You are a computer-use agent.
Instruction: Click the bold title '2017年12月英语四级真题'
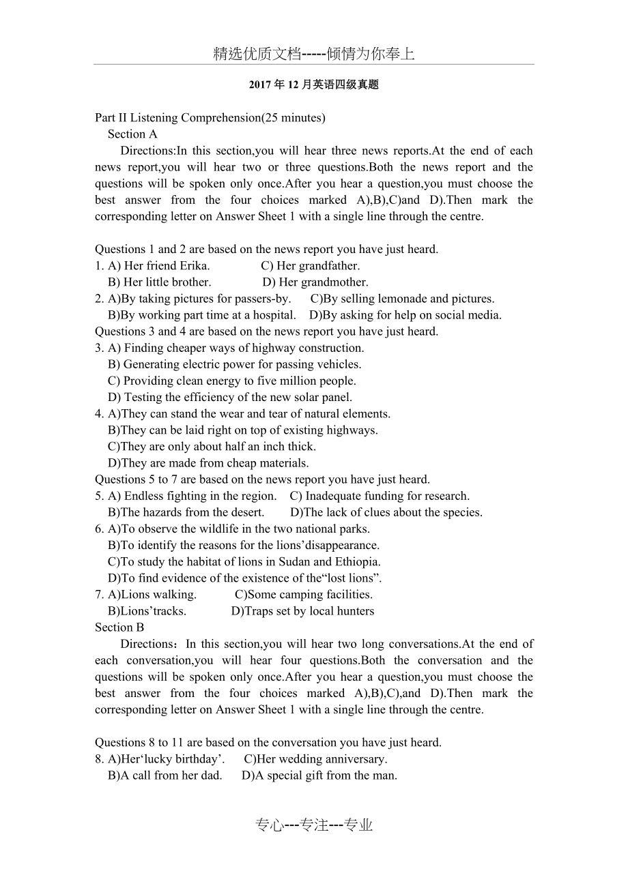[313, 85]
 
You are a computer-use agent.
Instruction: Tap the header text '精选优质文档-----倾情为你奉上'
[313, 54]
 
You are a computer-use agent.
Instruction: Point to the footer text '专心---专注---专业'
[314, 825]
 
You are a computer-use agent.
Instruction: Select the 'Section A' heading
[132, 134]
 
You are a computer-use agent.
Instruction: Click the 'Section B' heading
[119, 627]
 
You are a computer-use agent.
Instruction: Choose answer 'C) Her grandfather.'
[311, 266]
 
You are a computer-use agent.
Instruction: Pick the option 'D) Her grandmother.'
[315, 282]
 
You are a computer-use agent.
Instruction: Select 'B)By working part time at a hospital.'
[202, 315]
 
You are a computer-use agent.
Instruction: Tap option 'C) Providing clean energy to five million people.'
[232, 381]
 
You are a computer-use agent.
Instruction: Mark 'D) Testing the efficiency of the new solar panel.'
[230, 397]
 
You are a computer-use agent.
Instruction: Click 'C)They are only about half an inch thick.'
[212, 447]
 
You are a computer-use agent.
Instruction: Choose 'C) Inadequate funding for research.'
[380, 496]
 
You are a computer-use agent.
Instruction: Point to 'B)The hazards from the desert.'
[186, 512]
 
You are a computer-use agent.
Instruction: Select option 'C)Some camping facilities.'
[304, 595]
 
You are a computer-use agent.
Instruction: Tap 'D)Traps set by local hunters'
[302, 611]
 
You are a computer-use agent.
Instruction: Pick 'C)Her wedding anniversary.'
[315, 759]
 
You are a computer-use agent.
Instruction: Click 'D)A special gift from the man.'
[319, 775]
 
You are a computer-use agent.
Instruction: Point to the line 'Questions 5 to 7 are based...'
[262, 479]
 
